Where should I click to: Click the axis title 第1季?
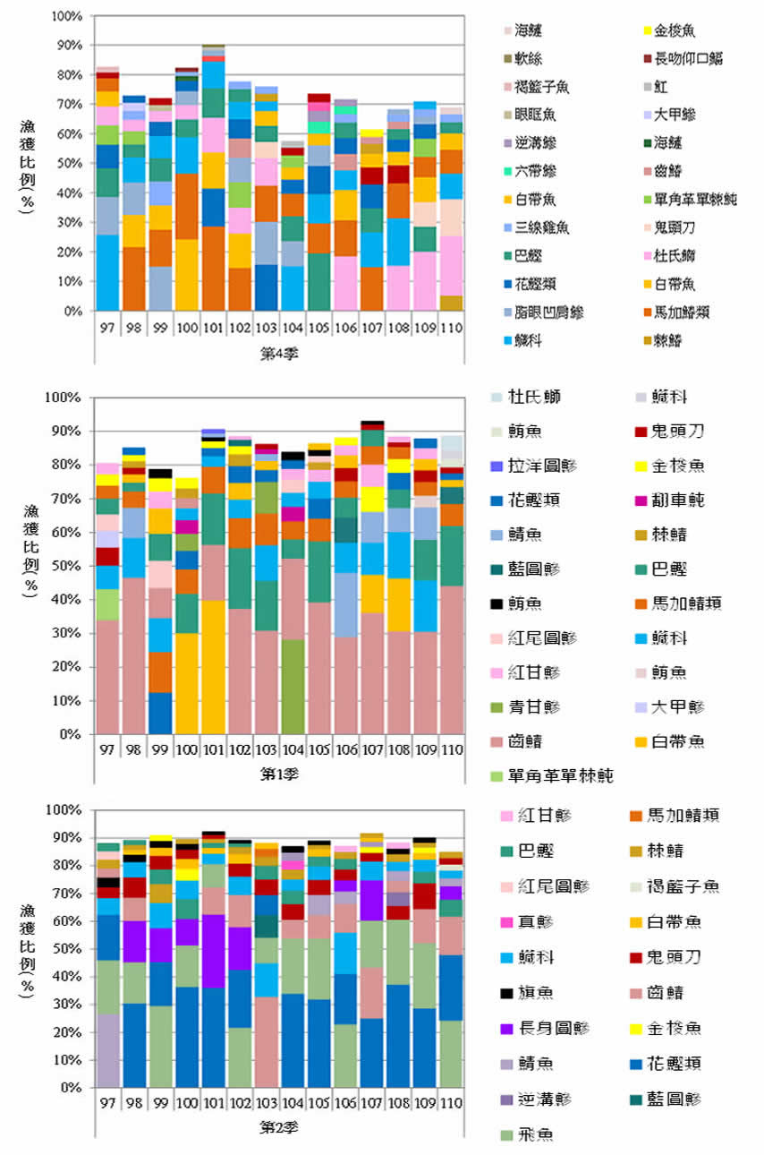coord(279,771)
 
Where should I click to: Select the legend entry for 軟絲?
coord(529,59)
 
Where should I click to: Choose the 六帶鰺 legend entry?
coord(535,171)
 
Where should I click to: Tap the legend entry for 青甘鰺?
coord(535,707)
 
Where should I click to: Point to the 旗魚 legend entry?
coord(529,992)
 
